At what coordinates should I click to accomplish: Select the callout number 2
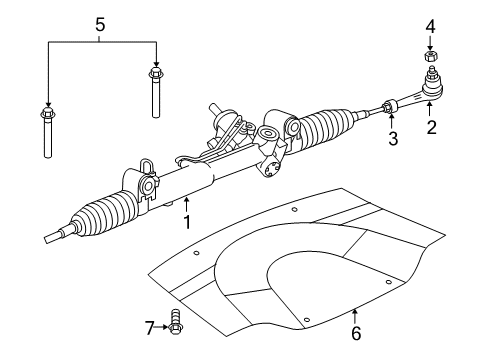click(x=432, y=129)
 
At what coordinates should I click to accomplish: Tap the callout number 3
click(x=393, y=139)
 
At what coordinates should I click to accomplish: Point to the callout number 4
click(x=431, y=25)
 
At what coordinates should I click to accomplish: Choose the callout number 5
click(x=98, y=23)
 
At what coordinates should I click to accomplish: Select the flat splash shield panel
click(x=300, y=270)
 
